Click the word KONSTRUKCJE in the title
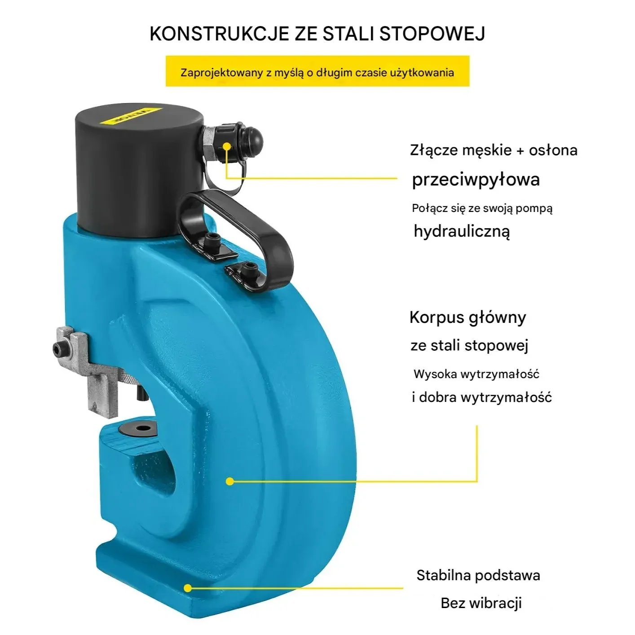click(x=219, y=34)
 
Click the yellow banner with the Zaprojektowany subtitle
click(x=317, y=71)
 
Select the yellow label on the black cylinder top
click(x=130, y=115)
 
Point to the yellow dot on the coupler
click(x=227, y=146)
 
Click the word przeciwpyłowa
click(x=476, y=180)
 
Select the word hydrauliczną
click(x=461, y=231)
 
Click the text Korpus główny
click(x=467, y=318)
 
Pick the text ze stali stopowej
click(x=469, y=345)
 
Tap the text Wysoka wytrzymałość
click(x=476, y=374)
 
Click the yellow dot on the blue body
click(x=230, y=481)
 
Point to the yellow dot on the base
click(x=188, y=588)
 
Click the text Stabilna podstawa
click(x=478, y=575)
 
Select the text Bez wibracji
click(x=481, y=603)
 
